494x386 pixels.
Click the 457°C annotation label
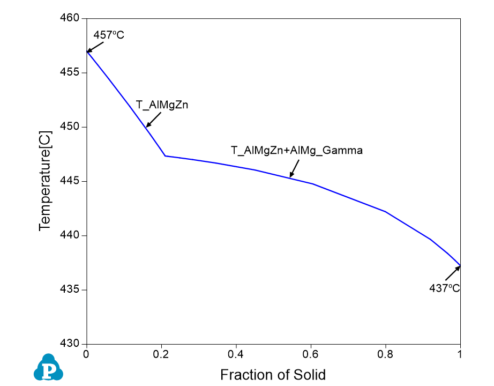109,35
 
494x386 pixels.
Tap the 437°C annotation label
445,288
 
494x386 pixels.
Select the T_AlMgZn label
162,106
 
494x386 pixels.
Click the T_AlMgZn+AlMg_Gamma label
296,151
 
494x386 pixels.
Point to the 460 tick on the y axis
71,18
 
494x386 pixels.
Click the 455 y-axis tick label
71,72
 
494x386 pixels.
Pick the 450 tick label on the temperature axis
71,127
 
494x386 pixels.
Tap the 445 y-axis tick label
71,181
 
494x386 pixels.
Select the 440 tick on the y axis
71,235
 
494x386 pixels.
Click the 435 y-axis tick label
71,290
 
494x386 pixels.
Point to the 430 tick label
71,344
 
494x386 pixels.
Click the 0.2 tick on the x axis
161,354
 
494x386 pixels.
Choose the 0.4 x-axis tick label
236,354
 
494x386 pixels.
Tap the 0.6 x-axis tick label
311,354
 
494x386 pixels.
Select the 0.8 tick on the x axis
385,354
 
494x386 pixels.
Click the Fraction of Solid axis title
273,374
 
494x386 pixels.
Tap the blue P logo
48,368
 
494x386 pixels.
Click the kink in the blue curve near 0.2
165,156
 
